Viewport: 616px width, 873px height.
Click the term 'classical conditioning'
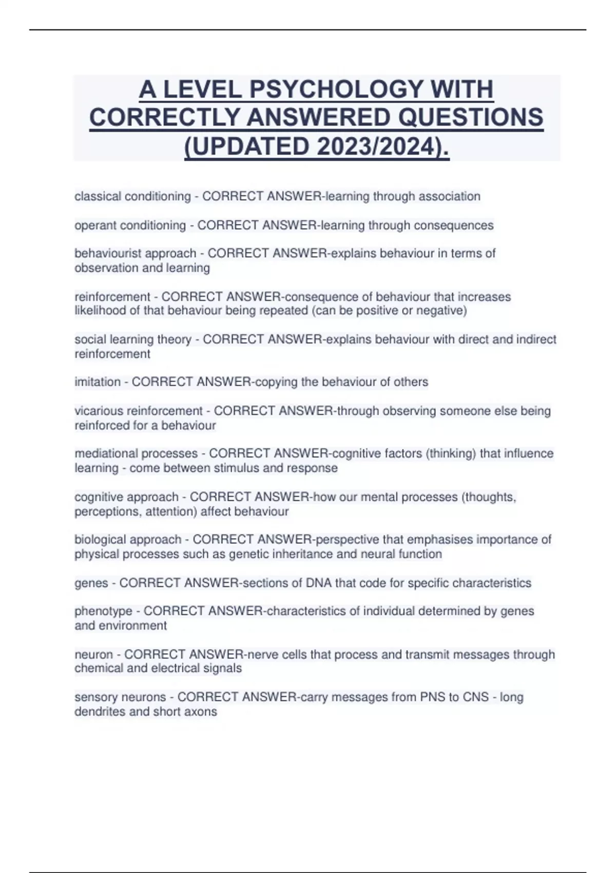pos(132,196)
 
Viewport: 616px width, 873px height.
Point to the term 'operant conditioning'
pos(130,225)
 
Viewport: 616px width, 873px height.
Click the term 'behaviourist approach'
pos(135,253)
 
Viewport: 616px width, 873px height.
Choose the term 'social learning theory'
pos(132,339)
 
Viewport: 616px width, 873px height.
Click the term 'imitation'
pos(98,382)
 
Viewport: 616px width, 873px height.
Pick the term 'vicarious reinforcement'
pos(138,411)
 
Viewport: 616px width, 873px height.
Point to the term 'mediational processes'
pos(136,453)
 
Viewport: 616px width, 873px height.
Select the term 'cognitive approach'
pos(126,497)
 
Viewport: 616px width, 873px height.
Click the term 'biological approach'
pos(128,540)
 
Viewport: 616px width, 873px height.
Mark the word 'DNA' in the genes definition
pos(318,583)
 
